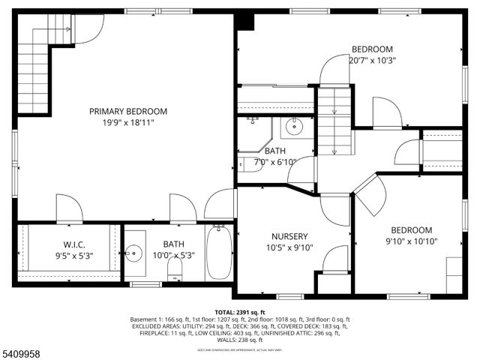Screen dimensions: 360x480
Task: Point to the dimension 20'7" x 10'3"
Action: point(373,61)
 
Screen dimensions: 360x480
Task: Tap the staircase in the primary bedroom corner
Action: point(34,71)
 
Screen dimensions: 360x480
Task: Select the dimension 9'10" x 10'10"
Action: point(411,241)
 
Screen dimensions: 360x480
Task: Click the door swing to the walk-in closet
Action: point(68,208)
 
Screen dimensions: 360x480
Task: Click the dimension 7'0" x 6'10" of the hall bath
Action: point(275,161)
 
